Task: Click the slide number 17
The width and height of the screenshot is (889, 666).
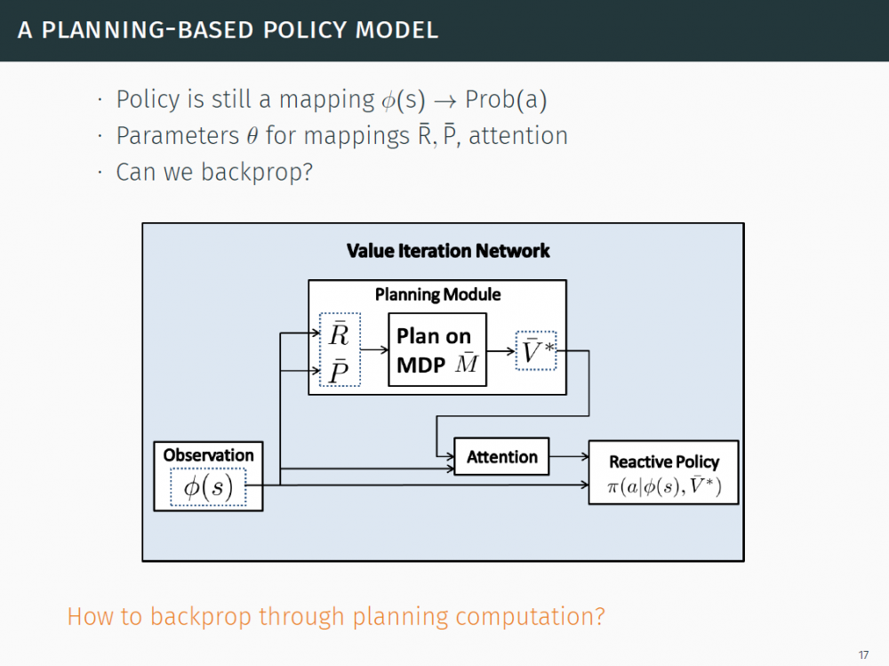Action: point(863,655)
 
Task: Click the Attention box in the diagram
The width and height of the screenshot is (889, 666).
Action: point(501,457)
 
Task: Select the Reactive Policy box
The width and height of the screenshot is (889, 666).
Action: point(663,472)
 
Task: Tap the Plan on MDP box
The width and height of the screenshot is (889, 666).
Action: point(437,349)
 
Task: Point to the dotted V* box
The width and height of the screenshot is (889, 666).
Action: point(536,350)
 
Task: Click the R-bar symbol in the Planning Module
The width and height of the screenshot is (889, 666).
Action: point(339,335)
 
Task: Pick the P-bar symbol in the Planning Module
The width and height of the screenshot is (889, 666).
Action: point(339,369)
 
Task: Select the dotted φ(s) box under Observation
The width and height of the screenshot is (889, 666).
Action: point(208,487)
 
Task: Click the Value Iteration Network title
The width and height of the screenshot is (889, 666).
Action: point(448,252)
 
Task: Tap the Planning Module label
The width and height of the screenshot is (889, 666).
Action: point(437,294)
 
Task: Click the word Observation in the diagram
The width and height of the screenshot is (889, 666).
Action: point(208,455)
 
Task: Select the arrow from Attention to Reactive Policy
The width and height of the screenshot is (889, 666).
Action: point(569,457)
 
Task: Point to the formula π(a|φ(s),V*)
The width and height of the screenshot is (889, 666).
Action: point(663,486)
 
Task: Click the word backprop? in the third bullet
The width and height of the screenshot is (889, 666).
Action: point(258,172)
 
